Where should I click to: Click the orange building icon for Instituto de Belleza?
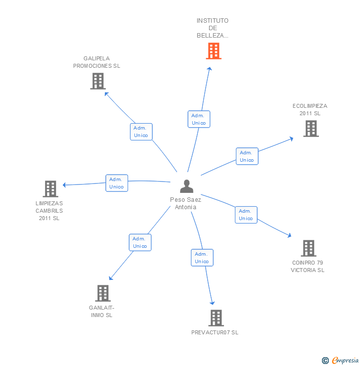click(x=214, y=51)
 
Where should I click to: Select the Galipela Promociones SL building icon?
click(x=98, y=81)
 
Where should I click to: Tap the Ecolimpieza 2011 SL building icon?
click(x=311, y=129)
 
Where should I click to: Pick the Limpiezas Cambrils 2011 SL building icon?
click(x=50, y=189)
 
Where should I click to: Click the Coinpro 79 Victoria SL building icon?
click(x=309, y=248)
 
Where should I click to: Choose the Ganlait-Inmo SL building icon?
click(x=102, y=293)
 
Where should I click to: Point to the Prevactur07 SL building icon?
click(x=216, y=318)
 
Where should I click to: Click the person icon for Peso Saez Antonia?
click(x=186, y=186)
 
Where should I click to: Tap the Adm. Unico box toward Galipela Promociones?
click(x=141, y=132)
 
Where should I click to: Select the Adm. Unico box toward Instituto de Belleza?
click(x=199, y=119)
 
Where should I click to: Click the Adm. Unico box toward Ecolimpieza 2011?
click(x=247, y=156)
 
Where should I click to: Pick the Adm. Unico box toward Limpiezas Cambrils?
click(x=117, y=183)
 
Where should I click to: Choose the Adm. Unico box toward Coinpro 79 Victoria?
click(x=246, y=215)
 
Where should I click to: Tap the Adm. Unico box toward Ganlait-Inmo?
click(x=140, y=242)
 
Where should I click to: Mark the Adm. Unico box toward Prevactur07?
click(x=202, y=258)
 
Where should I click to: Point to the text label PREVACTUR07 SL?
click(x=215, y=332)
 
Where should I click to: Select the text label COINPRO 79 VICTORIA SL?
click(x=308, y=266)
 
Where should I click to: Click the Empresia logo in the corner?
click(x=340, y=361)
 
